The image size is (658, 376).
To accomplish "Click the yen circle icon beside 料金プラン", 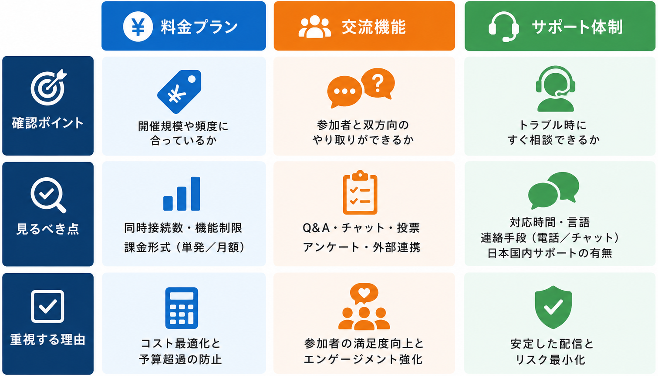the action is (138, 27).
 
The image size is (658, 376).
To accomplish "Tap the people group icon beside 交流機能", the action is (314, 27).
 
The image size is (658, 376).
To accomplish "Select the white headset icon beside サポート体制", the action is (503, 27).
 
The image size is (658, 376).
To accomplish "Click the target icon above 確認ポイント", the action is (48, 87).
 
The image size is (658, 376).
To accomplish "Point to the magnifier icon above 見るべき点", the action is (48, 195).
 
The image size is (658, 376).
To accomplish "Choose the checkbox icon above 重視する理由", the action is (47, 306).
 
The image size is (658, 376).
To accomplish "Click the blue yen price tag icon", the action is (179, 91).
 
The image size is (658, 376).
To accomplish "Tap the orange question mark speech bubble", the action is (378, 84).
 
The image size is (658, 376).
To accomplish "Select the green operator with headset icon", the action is (555, 89).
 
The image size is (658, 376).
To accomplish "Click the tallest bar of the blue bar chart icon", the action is (196, 194).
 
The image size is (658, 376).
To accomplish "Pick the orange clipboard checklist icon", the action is (360, 193).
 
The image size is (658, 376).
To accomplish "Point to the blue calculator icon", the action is (182, 308).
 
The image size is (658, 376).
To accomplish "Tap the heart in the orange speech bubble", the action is (364, 292).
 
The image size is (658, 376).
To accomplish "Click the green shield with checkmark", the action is (553, 307).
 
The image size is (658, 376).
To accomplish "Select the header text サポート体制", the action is (577, 27).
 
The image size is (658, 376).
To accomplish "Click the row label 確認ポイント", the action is (48, 123).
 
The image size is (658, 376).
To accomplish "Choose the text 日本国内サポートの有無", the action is (550, 253).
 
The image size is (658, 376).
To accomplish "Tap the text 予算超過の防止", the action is (180, 359).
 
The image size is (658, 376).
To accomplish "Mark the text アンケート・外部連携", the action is (361, 247).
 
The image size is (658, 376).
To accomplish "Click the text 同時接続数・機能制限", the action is (183, 228).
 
